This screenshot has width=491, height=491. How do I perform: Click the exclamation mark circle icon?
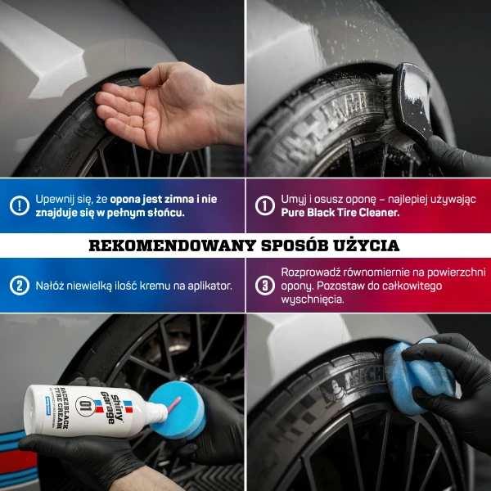click(x=20, y=205)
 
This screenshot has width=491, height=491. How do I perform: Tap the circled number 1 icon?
click(x=265, y=205)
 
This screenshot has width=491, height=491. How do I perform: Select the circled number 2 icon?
click(x=20, y=286)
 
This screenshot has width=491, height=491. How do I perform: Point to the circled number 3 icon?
click(x=265, y=286)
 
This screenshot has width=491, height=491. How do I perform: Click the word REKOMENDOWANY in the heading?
click(x=173, y=245)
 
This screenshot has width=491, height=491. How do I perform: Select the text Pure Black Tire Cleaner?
click(x=340, y=213)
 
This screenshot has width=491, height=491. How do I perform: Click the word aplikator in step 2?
click(x=209, y=286)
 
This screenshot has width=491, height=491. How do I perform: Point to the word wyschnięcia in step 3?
click(x=313, y=300)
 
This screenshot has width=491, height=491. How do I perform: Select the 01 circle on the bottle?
click(x=85, y=406)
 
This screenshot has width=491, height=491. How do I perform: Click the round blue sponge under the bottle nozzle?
click(x=178, y=410)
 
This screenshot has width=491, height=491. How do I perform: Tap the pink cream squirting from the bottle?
click(x=173, y=404)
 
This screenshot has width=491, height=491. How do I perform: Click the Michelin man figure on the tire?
click(x=332, y=391)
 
